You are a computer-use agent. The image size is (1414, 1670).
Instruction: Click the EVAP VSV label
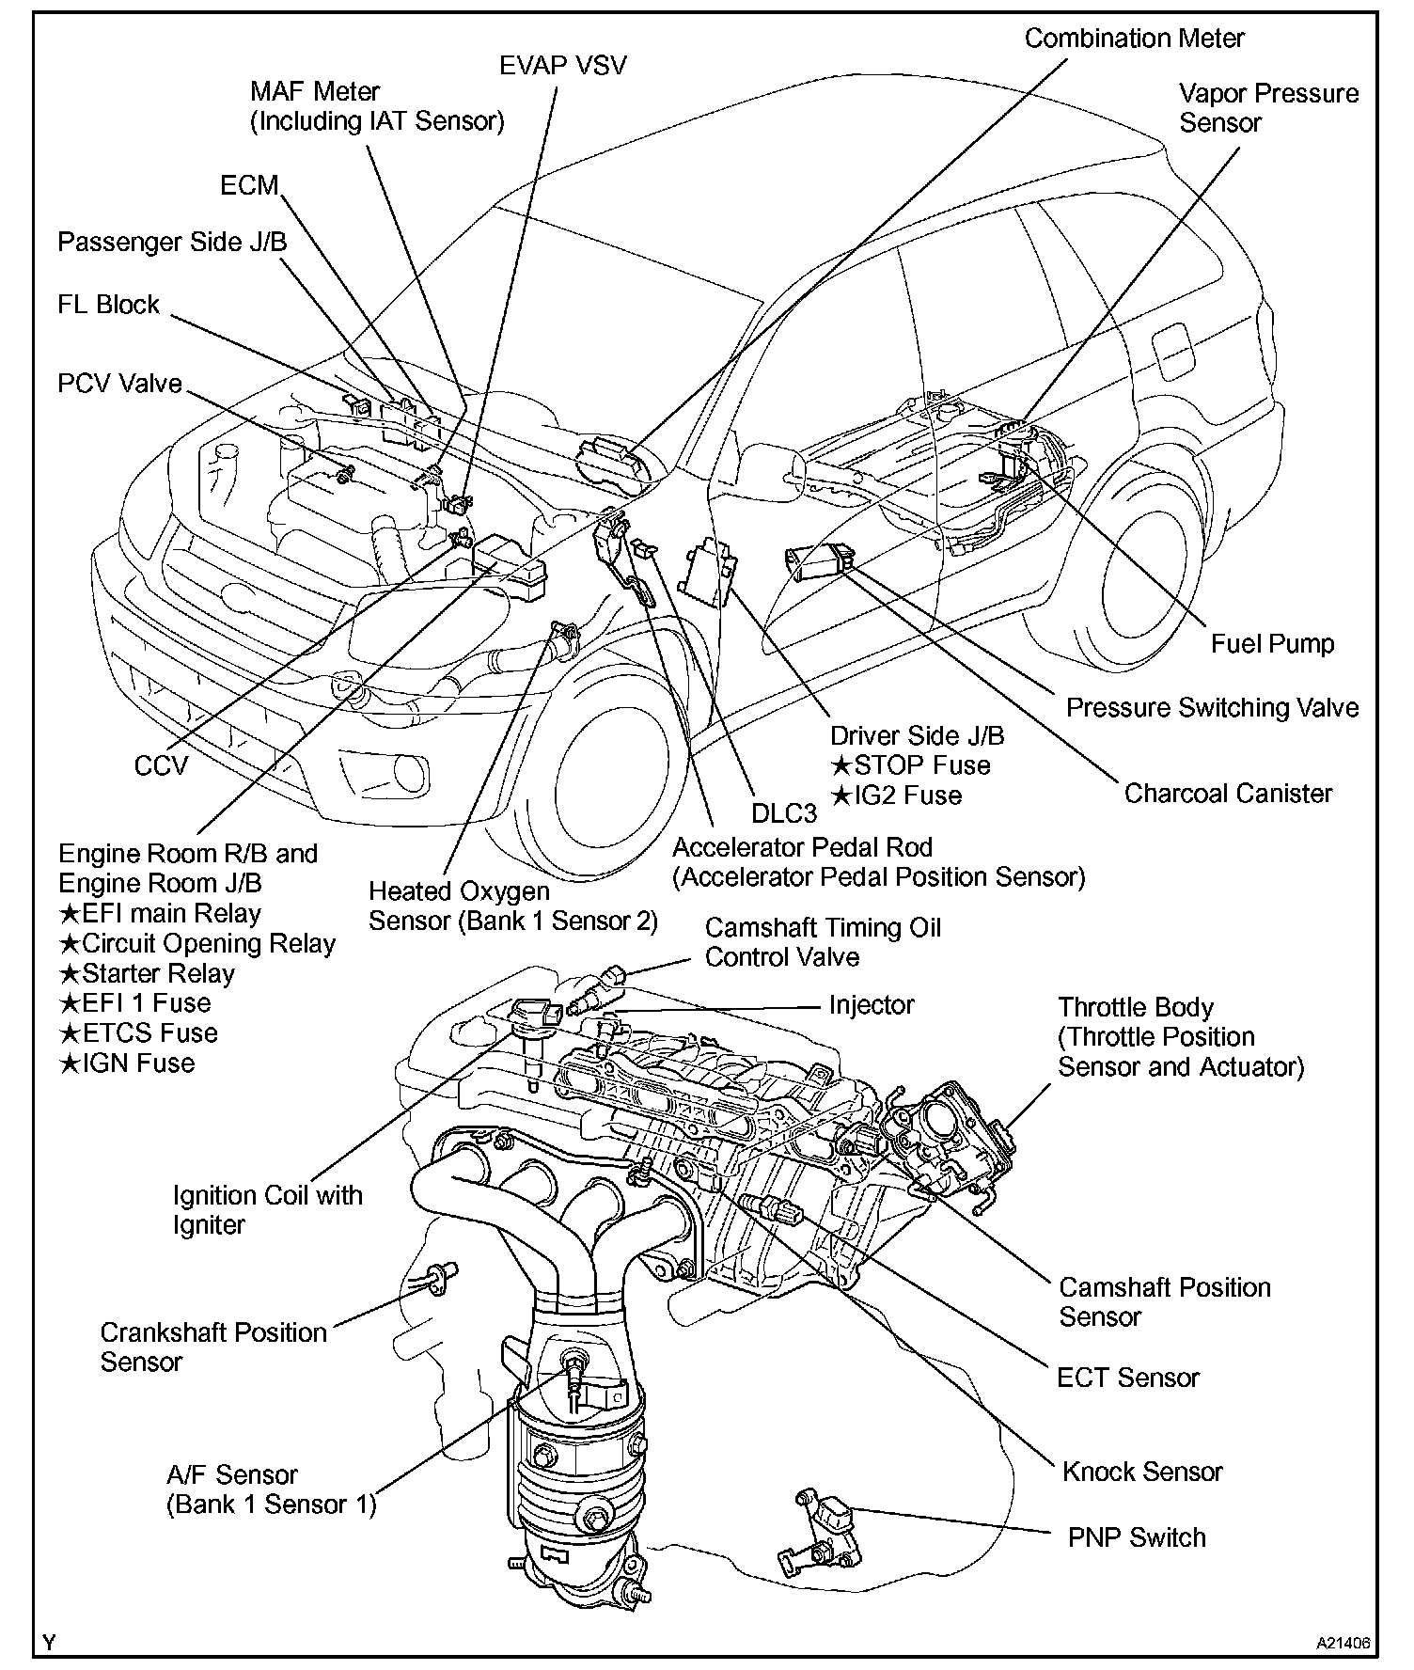coord(562,66)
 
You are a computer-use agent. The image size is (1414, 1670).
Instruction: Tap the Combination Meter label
coord(1134,39)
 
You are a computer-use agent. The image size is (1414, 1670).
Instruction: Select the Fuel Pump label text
coord(1272,643)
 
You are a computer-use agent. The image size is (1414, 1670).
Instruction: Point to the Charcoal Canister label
coord(1228,793)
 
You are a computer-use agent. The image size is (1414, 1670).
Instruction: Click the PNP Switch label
coord(1137,1537)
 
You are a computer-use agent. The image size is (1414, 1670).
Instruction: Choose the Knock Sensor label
coord(1142,1471)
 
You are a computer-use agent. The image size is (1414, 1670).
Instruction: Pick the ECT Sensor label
coord(1128,1378)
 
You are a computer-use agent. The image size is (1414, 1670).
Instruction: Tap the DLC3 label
coord(784,812)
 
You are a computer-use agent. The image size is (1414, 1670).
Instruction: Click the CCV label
coord(161,764)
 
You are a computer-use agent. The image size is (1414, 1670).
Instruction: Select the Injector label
coord(872,1005)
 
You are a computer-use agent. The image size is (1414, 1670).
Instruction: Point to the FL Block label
coord(109,305)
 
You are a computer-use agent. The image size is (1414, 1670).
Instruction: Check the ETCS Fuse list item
coord(138,1033)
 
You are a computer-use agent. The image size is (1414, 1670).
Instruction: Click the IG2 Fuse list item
coord(896,796)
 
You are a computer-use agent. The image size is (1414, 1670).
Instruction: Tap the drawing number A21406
coord(1343,1644)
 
